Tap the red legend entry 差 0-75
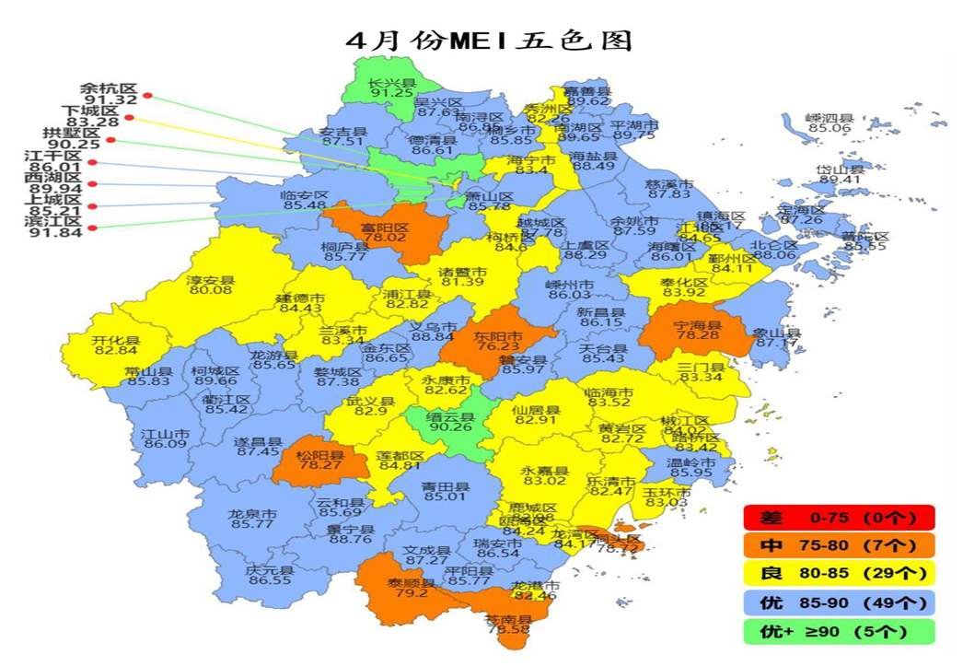tap(840, 518)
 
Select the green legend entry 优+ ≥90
tap(840, 632)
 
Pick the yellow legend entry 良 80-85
tap(840, 574)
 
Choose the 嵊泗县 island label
tap(829, 118)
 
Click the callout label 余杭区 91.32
tap(109, 93)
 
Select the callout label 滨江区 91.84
tap(56, 227)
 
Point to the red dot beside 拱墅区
tap(110, 140)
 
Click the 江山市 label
tap(165, 433)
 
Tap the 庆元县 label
tap(268, 570)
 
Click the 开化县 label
tap(115, 340)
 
